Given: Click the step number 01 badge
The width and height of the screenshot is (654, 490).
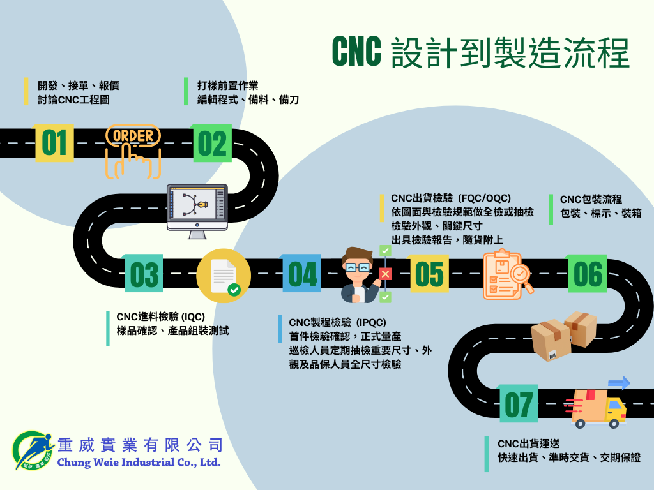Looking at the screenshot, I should tap(54, 143).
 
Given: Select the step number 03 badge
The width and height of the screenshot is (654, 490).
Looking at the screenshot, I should tap(144, 274).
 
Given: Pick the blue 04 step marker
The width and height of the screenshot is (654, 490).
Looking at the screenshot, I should tap(302, 274).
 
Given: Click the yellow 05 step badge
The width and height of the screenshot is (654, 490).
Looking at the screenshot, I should tap(429, 274).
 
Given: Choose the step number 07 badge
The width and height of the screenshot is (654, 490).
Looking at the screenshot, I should tap(518, 404).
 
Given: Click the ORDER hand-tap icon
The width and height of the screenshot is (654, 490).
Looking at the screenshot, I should tap(133, 151).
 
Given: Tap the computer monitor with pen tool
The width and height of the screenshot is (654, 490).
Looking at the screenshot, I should tap(197, 211).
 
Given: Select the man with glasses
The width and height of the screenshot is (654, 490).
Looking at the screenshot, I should tap(359, 275).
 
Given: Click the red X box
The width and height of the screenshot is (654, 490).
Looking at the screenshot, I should tap(385, 274).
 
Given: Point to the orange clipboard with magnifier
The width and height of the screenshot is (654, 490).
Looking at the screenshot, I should tap(508, 275).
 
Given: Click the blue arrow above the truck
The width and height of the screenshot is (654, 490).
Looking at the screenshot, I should tap(618, 383).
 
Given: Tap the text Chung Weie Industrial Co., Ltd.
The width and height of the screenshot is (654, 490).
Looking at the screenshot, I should tap(139, 462).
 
